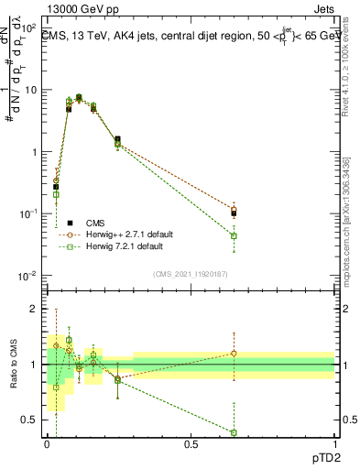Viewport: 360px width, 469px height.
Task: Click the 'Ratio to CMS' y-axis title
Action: pos(12,365)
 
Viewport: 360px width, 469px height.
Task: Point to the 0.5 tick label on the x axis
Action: pos(191,444)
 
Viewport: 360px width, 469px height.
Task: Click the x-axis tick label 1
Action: pos(334,444)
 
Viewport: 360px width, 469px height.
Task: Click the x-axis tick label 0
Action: pos(47,444)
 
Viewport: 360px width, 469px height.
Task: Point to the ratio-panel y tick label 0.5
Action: pos(31,420)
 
